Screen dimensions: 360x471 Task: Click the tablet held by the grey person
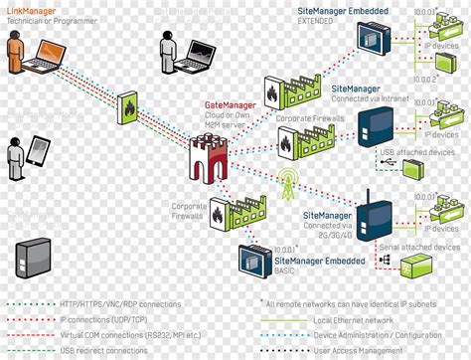[x=38, y=151]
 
